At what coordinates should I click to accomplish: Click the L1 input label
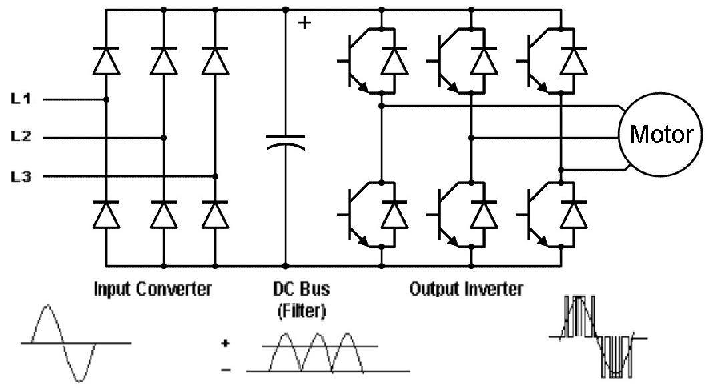point(21,99)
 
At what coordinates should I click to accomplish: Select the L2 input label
point(21,137)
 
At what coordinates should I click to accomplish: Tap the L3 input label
point(21,176)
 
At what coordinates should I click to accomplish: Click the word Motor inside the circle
point(661,134)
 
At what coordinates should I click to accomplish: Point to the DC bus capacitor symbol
point(286,142)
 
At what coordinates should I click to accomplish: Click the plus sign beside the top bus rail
point(305,22)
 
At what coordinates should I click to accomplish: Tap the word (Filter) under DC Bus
point(302,311)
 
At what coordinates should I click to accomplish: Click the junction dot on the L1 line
point(107,99)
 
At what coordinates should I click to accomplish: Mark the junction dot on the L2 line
point(164,137)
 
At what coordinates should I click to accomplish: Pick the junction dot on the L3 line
point(216,176)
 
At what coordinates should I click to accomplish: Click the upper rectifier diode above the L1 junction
point(107,61)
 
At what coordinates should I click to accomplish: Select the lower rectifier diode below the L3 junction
point(216,214)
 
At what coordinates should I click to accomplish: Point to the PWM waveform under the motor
point(598,337)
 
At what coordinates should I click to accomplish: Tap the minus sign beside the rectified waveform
point(226,370)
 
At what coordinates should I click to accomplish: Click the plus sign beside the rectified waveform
point(226,343)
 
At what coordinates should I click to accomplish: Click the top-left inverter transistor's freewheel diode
point(394,61)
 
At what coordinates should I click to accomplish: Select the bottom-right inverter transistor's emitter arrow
point(542,240)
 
